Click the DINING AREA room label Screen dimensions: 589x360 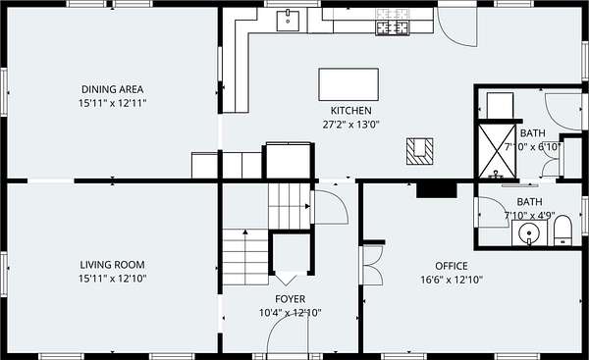(x=112, y=89)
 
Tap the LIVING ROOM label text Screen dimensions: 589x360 (x=112, y=265)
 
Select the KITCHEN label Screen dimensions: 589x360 (x=350, y=111)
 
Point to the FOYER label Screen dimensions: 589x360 (x=290, y=299)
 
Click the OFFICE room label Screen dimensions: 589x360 (x=452, y=266)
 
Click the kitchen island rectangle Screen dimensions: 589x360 (x=348, y=84)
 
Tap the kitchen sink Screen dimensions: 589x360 (x=288, y=21)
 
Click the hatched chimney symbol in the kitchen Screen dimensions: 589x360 (x=419, y=151)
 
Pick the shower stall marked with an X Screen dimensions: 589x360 (x=497, y=151)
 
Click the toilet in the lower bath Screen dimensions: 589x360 (x=562, y=231)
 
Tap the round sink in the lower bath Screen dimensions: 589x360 (x=529, y=232)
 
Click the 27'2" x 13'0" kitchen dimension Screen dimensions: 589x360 (x=350, y=125)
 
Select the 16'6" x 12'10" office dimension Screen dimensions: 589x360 (x=452, y=280)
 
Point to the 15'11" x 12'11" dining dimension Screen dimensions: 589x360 (x=112, y=103)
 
